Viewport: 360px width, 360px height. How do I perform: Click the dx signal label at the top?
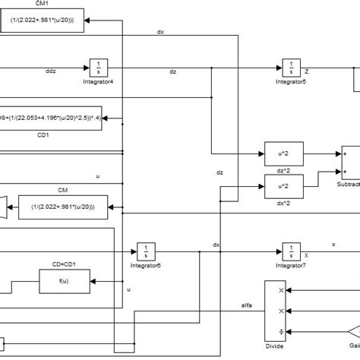point(160,32)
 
